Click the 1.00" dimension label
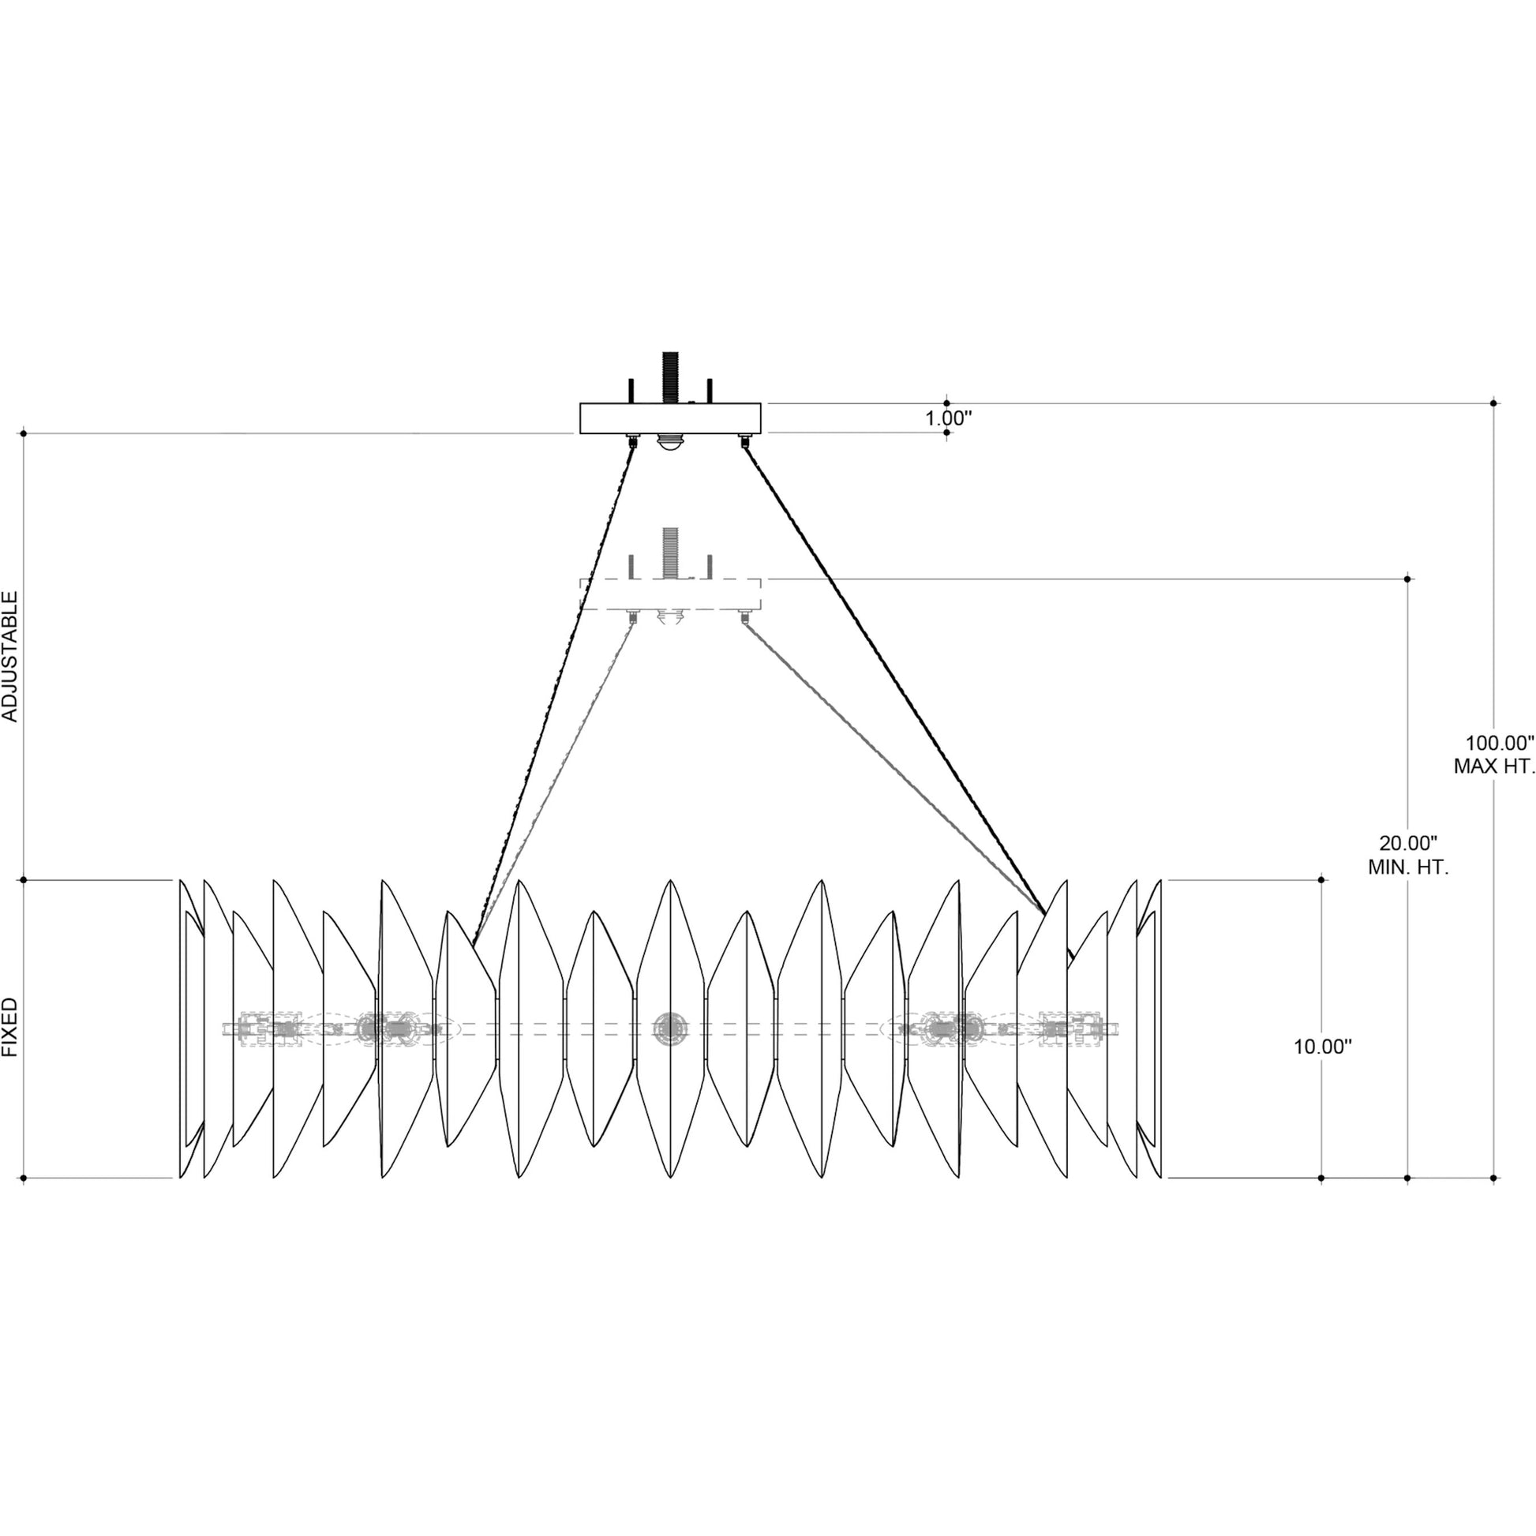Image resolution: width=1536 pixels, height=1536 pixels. pyautogui.click(x=949, y=418)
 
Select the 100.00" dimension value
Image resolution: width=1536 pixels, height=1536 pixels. pyautogui.click(x=1499, y=744)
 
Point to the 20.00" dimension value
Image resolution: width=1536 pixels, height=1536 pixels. pyautogui.click(x=1409, y=843)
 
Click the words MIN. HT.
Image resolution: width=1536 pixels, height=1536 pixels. pyautogui.click(x=1409, y=867)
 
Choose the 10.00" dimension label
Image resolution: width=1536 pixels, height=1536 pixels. pyautogui.click(x=1323, y=1047)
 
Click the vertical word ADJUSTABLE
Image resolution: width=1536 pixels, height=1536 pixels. pyautogui.click(x=10, y=657)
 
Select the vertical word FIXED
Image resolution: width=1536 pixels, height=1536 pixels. pyautogui.click(x=10, y=1027)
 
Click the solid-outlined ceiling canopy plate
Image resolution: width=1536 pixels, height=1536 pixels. pyautogui.click(x=670, y=418)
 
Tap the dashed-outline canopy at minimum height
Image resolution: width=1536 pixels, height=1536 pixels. pyautogui.click(x=670, y=594)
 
